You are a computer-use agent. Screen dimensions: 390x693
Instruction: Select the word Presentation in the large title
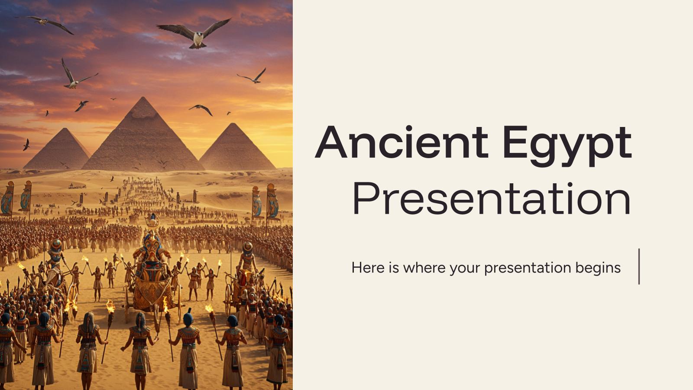tap(492, 199)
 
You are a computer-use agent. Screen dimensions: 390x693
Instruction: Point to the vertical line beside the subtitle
tap(639, 266)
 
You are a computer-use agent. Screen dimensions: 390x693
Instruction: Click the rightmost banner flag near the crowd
tap(272, 201)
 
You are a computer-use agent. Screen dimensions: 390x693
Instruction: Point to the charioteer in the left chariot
tap(55, 256)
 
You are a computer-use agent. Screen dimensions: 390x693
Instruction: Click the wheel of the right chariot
tap(228, 299)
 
